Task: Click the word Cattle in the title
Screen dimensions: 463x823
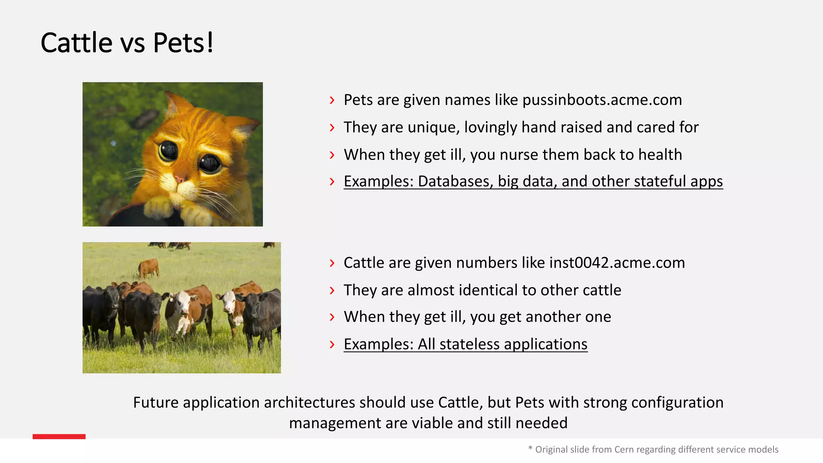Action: (76, 43)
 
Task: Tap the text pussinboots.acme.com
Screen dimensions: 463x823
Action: (602, 100)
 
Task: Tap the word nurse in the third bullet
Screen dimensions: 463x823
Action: (519, 155)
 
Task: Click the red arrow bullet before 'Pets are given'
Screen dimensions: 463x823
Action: (332, 100)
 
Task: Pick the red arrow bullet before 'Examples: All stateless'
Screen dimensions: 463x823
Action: (332, 344)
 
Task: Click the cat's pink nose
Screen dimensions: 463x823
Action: (180, 178)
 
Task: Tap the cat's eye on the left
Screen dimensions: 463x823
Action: (168, 151)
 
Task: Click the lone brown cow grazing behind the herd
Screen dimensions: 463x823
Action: (149, 268)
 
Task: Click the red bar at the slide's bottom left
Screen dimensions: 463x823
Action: (59, 436)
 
